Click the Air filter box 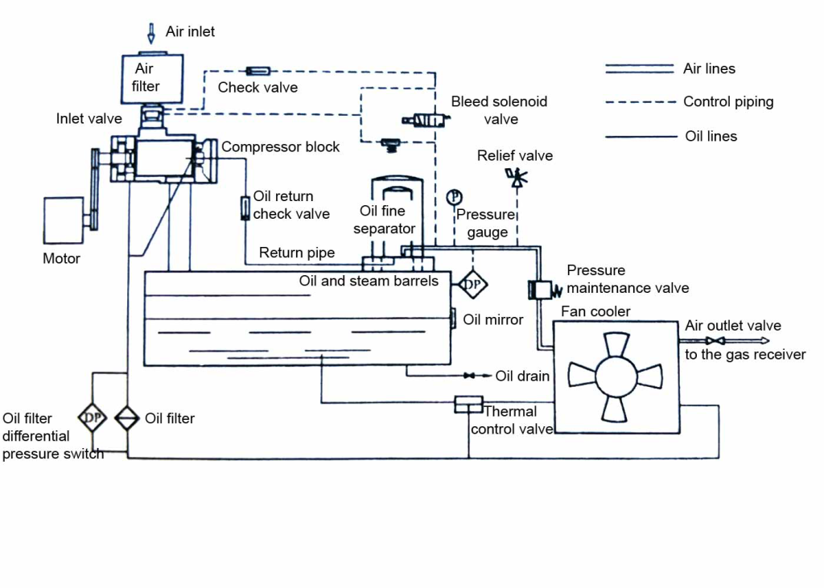pos(152,79)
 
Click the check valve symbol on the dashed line pos(258,71)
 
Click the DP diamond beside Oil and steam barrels pos(473,284)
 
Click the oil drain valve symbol pos(469,376)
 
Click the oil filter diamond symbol pos(127,417)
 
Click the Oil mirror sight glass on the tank pos(454,319)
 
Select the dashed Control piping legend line pos(640,102)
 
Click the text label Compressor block pos(281,147)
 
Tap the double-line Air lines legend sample pos(640,68)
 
